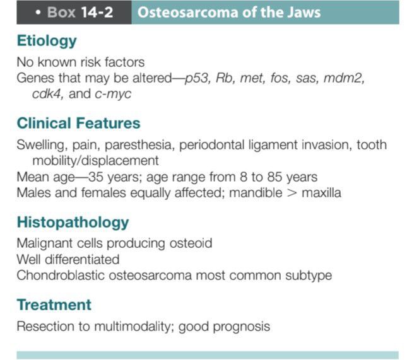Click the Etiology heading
[47, 41]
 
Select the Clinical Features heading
[78, 123]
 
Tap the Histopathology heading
[73, 223]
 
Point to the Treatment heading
[54, 305]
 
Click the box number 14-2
[97, 12]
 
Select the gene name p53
[197, 78]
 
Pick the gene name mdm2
[344, 78]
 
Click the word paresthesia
[138, 145]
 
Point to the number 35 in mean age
[96, 177]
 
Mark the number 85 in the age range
[274, 177]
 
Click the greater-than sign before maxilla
[292, 193]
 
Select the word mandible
[256, 193]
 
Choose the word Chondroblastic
[61, 276]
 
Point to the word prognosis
[242, 327]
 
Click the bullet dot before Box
[38, 13]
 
